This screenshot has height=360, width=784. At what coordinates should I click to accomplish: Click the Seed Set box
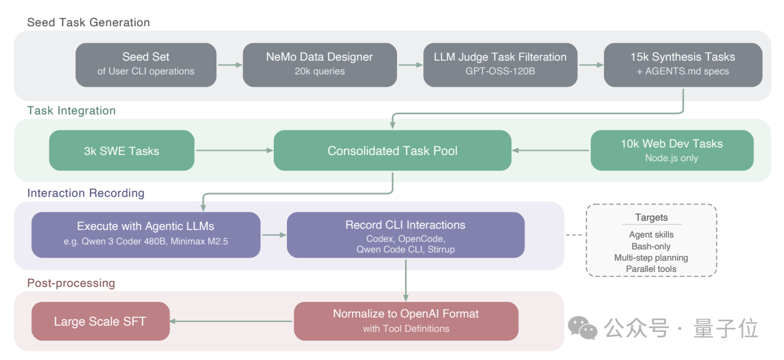point(146,64)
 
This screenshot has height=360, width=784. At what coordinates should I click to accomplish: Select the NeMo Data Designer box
point(319,64)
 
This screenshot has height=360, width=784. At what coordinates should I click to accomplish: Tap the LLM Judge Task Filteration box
point(500,64)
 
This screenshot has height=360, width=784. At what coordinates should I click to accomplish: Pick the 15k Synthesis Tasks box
point(683,64)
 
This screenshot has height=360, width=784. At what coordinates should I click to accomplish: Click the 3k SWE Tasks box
point(122,151)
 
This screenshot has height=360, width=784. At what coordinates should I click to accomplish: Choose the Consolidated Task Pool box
point(393,151)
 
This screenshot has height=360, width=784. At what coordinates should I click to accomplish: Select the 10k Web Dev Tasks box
point(671,151)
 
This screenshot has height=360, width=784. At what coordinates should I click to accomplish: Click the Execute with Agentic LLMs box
point(146,234)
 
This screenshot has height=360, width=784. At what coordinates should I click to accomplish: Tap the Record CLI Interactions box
point(405,234)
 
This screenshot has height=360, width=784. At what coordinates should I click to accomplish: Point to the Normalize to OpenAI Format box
point(406,321)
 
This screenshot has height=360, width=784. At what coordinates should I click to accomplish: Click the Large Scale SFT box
point(100,321)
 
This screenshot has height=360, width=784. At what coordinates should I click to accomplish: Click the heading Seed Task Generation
point(89,22)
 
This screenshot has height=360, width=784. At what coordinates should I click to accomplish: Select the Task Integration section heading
point(71,111)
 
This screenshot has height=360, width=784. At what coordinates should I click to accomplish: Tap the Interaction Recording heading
point(86,193)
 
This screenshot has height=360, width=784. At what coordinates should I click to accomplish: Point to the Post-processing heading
point(71,283)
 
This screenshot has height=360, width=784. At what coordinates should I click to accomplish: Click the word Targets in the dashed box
point(651,217)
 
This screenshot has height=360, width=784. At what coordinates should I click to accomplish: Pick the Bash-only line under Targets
point(651,246)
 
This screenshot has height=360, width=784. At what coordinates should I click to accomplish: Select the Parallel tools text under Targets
point(651,269)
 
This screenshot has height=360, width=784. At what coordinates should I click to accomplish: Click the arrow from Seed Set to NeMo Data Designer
point(229,64)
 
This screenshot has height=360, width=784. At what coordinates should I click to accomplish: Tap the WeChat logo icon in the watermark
point(582,327)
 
